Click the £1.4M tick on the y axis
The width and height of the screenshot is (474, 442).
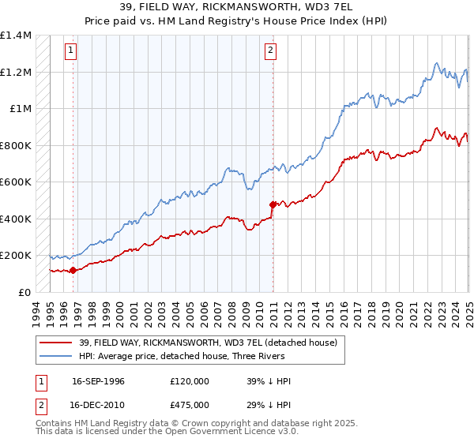(x=16, y=36)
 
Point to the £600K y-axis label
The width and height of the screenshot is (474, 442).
(x=16, y=182)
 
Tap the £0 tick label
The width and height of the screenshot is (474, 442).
(x=24, y=292)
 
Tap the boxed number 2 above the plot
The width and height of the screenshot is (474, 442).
(x=270, y=51)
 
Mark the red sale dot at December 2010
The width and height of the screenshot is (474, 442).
(x=273, y=204)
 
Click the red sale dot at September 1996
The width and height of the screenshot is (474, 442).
(x=73, y=270)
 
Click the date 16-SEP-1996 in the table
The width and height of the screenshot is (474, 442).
(x=98, y=381)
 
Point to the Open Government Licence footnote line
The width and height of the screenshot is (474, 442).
(x=167, y=432)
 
